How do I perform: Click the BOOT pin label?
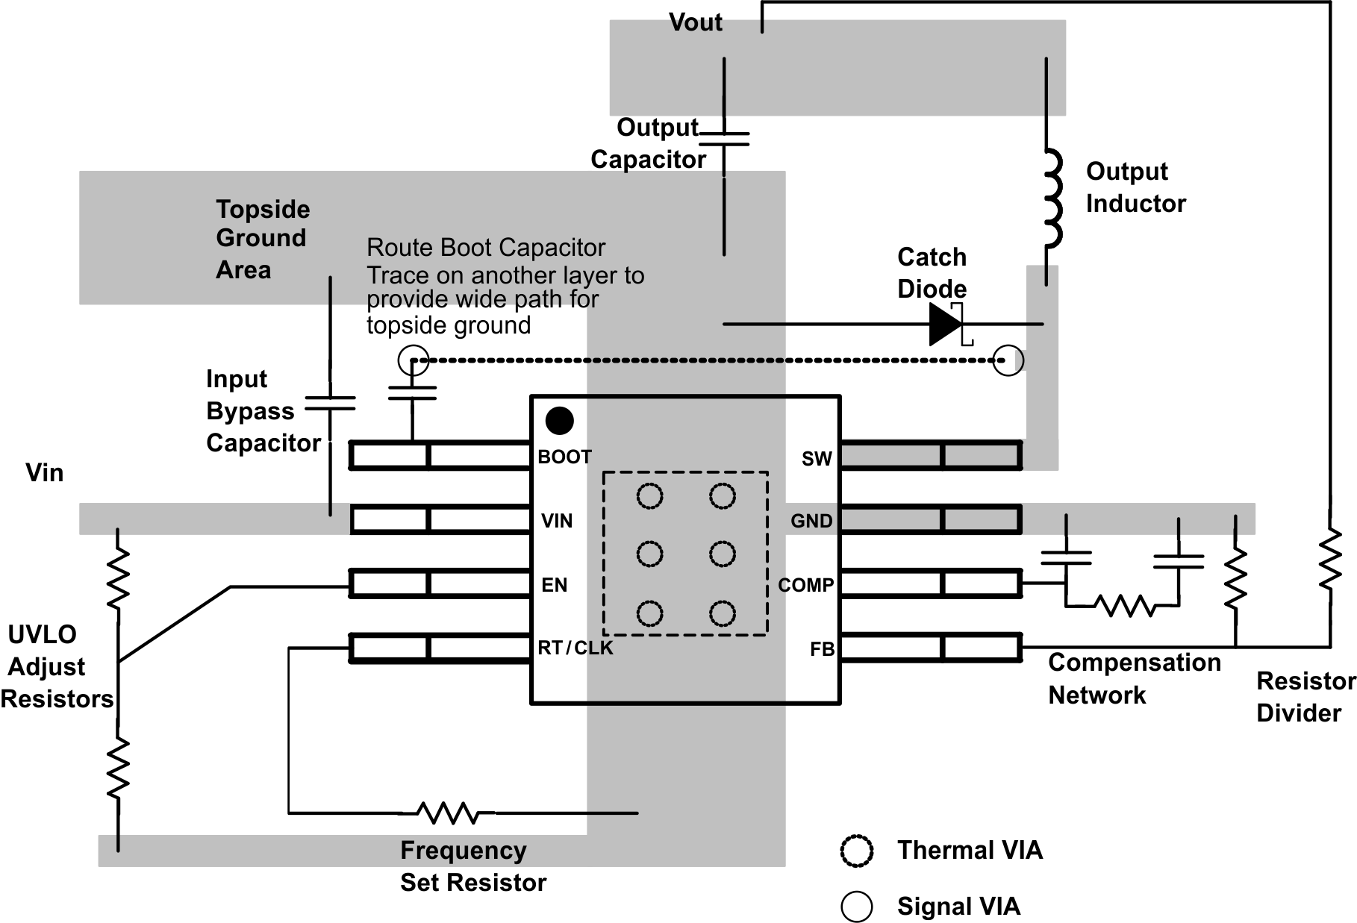coord(564,457)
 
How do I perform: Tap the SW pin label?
coord(816,459)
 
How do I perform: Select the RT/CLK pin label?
coord(575,648)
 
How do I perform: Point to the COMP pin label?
coord(805,585)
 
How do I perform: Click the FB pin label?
coord(822,649)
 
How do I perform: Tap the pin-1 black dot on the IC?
coord(559,421)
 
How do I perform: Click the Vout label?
coord(695,22)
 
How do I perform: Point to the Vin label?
coord(44,472)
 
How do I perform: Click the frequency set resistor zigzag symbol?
coord(448,813)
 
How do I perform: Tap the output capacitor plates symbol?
coord(724,140)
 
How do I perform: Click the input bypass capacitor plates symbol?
coord(330,404)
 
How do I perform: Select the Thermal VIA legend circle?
coord(856,851)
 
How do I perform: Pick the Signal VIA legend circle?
coord(856,906)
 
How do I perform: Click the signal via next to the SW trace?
coord(1008,360)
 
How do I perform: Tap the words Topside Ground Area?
coord(262,239)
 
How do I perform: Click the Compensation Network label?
coord(1133,678)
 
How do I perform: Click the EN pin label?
coord(554,585)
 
